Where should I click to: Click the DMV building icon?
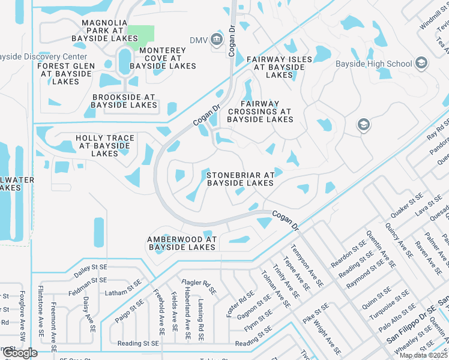217,40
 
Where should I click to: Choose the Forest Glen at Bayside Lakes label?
66,74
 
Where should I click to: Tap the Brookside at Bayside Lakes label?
124,101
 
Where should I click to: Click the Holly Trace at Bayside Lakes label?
104,146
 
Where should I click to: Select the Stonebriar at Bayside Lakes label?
240,179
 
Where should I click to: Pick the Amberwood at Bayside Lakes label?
181,243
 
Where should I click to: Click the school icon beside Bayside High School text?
421,63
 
